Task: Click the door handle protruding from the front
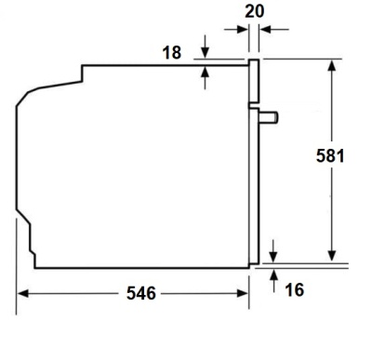(268, 117)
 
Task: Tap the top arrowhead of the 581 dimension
(331, 66)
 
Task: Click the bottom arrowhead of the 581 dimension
(331, 255)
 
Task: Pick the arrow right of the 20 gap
(265, 29)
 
